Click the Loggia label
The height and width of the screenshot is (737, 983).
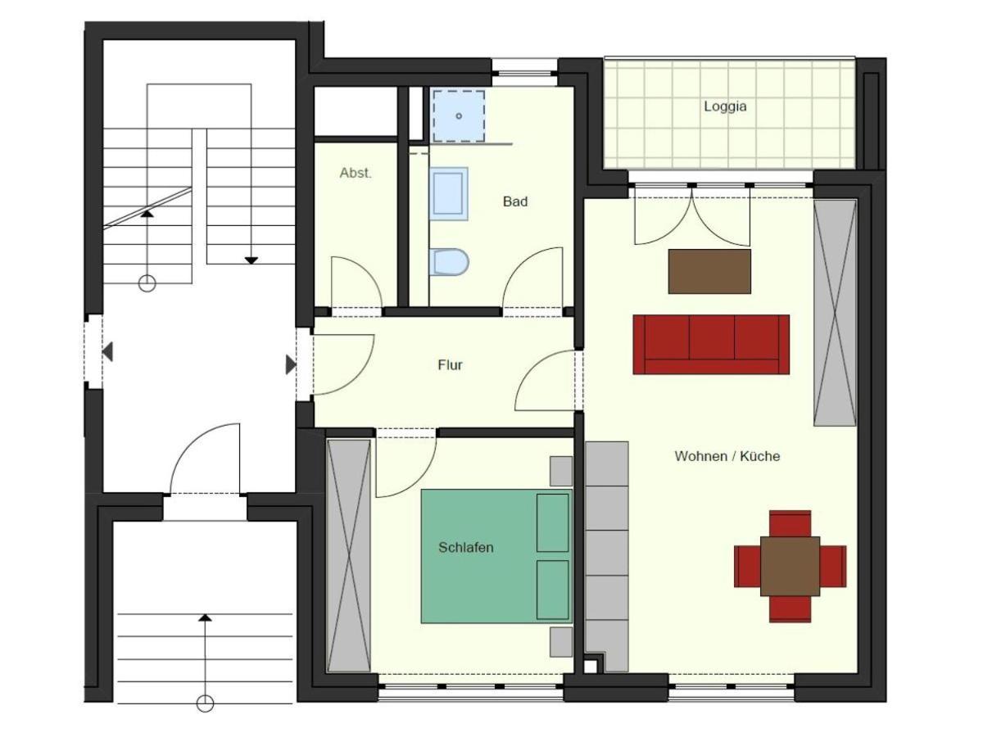[725, 106]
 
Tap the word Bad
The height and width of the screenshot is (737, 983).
[515, 201]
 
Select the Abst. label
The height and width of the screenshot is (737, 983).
[356, 173]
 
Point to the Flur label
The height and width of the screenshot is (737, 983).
[450, 364]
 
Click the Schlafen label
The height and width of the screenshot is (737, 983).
[466, 547]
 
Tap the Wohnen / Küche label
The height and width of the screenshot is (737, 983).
[727, 456]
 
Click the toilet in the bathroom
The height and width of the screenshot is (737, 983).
[449, 262]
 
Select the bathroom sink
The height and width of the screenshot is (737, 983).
[449, 194]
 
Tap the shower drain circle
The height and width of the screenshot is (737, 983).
[459, 116]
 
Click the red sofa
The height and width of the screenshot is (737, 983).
[711, 344]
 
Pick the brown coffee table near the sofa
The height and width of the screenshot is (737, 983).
[709, 272]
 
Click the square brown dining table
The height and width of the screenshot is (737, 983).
[790, 566]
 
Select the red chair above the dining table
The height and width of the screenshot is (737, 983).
[790, 523]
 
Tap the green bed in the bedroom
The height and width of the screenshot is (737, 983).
[496, 556]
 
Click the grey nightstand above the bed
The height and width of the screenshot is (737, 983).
[561, 471]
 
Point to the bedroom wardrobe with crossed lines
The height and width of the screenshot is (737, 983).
[349, 556]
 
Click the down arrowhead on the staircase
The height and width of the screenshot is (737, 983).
[251, 260]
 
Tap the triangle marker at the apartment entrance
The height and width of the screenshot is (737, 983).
[291, 364]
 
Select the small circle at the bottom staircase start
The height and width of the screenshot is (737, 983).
[205, 703]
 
